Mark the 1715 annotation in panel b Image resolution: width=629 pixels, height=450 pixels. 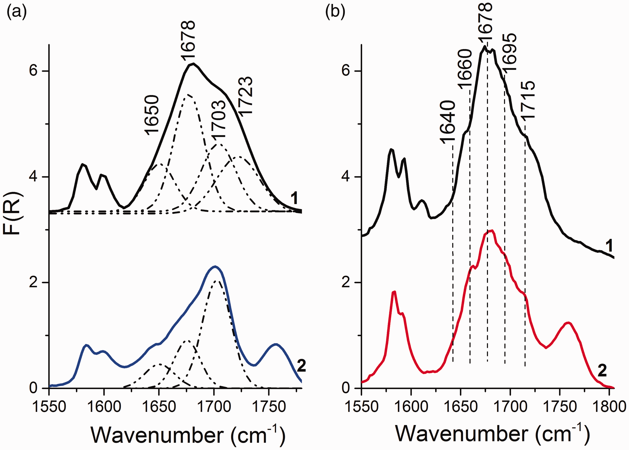pyautogui.click(x=527, y=100)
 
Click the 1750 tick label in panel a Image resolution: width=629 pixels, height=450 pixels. pyautogui.click(x=268, y=407)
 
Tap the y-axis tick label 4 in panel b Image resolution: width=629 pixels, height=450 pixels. pyautogui.click(x=346, y=177)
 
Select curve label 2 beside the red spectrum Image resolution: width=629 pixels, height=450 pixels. pyautogui.click(x=602, y=370)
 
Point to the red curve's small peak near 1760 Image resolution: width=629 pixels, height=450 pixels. pyautogui.click(x=569, y=323)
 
